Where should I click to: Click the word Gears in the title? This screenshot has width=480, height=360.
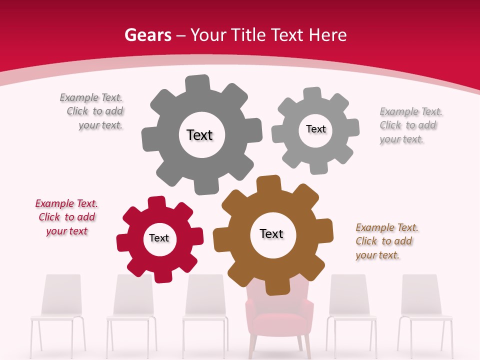(147, 35)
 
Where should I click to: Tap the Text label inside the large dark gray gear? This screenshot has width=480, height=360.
(199, 135)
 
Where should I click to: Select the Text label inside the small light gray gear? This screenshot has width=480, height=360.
(315, 129)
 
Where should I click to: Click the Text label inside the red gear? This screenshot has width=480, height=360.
(159, 238)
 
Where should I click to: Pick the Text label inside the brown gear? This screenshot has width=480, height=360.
(271, 233)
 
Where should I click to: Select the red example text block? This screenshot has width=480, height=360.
(66, 217)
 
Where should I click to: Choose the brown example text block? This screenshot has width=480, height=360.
(386, 241)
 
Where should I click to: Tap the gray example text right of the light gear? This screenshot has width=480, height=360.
(410, 125)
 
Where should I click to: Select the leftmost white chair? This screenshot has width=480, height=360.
(56, 310)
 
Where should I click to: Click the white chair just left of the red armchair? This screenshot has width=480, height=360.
(205, 310)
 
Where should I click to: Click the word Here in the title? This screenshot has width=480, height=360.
(328, 35)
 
